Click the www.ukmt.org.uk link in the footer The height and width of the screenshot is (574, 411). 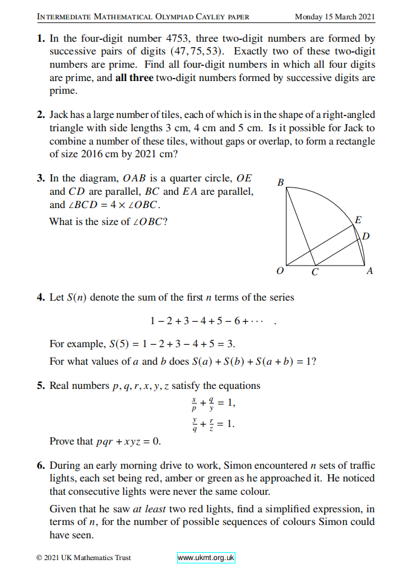click(205, 558)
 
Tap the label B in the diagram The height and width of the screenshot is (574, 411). click(280, 181)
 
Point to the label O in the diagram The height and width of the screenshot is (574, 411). click(279, 272)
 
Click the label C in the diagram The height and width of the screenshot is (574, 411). click(314, 273)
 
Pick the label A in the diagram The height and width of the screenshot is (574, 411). click(369, 272)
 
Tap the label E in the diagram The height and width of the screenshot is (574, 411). click(358, 220)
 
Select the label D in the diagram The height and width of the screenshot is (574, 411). click(366, 235)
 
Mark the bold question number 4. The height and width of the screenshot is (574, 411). click(40, 298)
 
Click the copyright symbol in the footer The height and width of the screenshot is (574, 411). click(39, 558)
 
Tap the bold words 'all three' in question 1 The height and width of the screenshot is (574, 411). click(134, 78)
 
